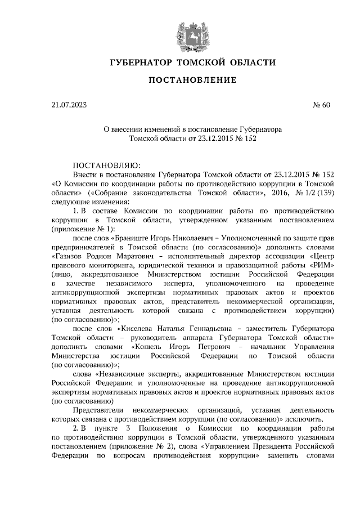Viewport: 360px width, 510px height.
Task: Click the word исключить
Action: [304, 419]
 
